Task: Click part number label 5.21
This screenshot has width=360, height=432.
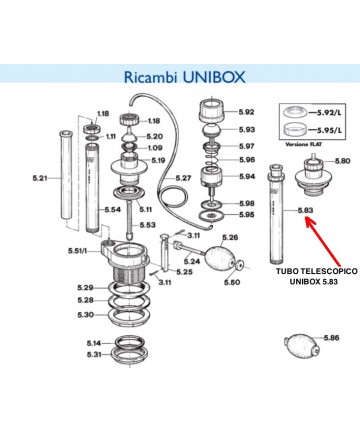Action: click(41, 179)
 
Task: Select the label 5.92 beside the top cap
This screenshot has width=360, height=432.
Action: click(246, 112)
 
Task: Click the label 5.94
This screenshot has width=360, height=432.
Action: click(246, 176)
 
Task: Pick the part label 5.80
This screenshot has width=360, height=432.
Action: click(343, 162)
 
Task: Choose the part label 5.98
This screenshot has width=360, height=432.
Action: click(246, 203)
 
